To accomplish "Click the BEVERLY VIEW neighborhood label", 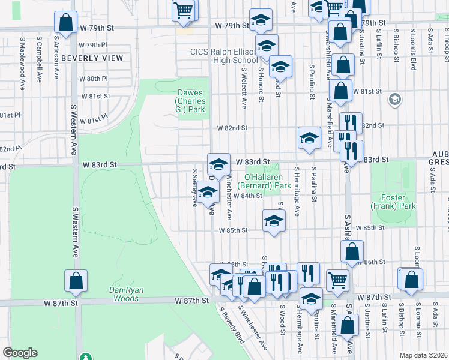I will click(x=92, y=58).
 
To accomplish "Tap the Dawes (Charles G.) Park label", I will click(x=191, y=101).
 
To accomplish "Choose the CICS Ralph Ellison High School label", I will click(x=224, y=56).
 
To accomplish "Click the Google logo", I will click(x=20, y=353).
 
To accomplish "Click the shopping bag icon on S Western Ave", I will click(x=76, y=281).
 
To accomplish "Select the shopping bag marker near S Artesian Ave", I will click(x=65, y=22).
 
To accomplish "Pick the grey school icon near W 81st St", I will click(x=394, y=98).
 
